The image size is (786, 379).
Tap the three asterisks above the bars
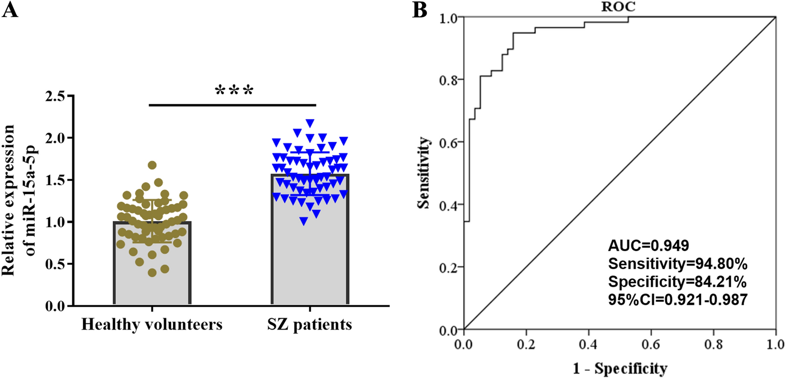(x=234, y=90)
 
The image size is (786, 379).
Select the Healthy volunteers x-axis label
(x=152, y=324)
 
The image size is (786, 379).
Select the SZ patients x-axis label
(x=309, y=324)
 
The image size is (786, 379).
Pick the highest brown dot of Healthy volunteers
(x=152, y=165)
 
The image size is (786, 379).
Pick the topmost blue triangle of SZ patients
(x=310, y=124)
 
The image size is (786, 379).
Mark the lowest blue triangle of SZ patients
(x=304, y=222)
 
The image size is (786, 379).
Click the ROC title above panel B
(x=618, y=7)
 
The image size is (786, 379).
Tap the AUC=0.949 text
(x=648, y=245)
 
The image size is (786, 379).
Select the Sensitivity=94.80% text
(x=678, y=263)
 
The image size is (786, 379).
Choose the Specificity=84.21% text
(x=677, y=282)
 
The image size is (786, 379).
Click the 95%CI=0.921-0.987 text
(x=678, y=300)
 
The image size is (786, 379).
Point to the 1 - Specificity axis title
(x=619, y=368)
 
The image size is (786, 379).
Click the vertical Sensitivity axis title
(x=423, y=173)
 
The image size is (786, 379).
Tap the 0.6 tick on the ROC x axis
(x=651, y=344)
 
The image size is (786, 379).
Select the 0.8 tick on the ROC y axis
(x=448, y=80)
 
